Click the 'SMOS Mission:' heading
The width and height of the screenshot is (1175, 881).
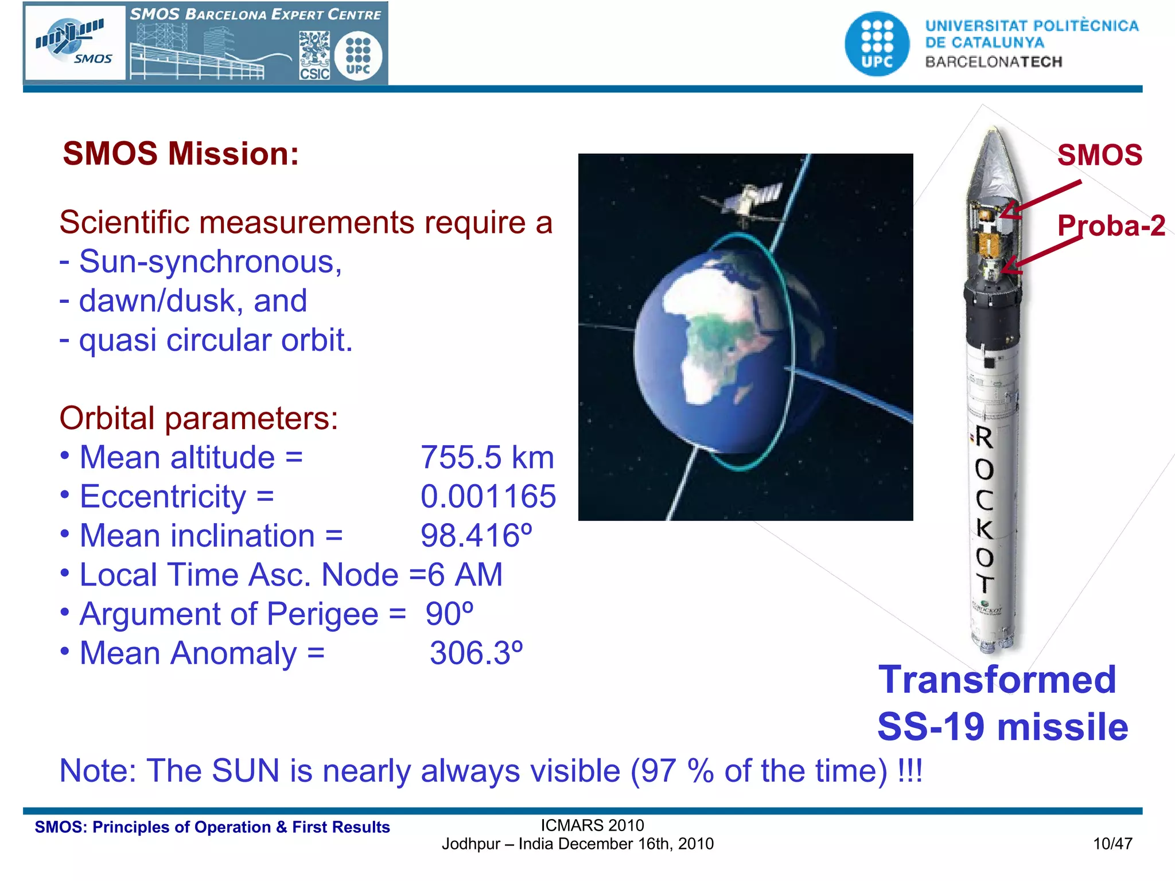click(181, 154)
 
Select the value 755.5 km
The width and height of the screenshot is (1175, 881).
click(487, 458)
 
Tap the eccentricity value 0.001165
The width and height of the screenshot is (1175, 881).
click(488, 497)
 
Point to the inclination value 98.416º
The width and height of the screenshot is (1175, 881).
click(476, 536)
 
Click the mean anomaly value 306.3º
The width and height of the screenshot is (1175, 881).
click(476, 653)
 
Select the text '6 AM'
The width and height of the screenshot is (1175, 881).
click(465, 575)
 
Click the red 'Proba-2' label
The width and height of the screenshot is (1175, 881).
click(1111, 225)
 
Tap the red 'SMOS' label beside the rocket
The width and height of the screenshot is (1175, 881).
click(1099, 155)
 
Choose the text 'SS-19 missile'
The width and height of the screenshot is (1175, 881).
click(1002, 727)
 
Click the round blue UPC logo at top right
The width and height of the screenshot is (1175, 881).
click(877, 44)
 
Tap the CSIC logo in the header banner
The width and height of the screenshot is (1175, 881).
click(314, 56)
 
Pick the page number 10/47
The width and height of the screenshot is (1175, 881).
click(1112, 844)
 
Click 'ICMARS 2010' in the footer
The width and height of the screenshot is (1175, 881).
click(592, 825)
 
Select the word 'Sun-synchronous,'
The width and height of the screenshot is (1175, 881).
click(210, 262)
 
